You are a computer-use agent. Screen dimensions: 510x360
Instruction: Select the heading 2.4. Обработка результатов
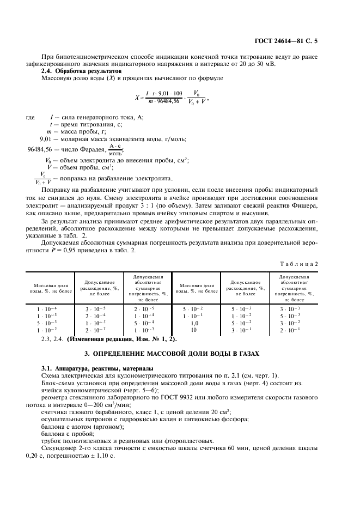pos(82,71)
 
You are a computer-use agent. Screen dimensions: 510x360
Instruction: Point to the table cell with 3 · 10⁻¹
pos(240,330)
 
